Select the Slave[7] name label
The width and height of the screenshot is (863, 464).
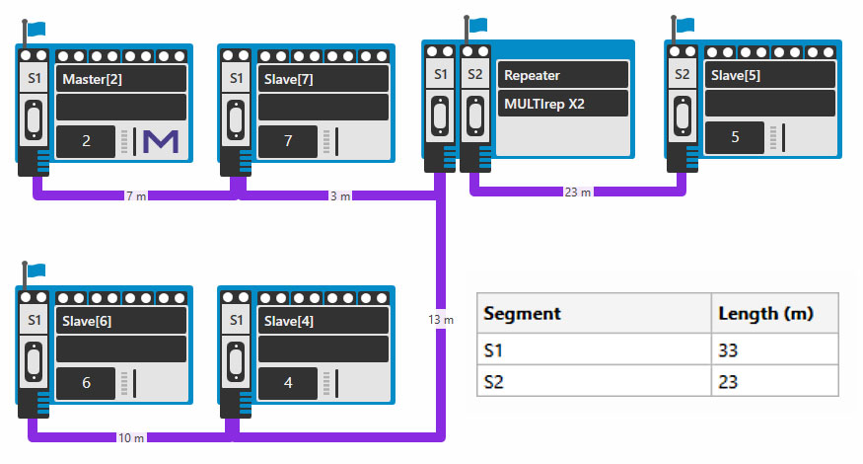click(x=289, y=79)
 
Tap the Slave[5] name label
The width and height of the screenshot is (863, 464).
click(x=735, y=75)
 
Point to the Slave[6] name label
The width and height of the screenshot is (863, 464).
click(x=87, y=321)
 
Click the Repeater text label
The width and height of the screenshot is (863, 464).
click(x=533, y=74)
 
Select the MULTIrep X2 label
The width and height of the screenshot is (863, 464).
click(x=544, y=103)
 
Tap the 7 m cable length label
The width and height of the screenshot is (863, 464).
click(x=137, y=195)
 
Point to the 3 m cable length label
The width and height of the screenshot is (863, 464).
click(x=339, y=195)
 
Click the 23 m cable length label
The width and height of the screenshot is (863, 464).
click(x=578, y=193)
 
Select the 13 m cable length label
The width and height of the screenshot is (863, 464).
click(x=441, y=320)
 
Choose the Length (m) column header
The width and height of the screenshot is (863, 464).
click(x=765, y=313)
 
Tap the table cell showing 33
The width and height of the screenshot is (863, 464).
click(x=730, y=349)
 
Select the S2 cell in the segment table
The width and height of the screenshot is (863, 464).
click(x=494, y=381)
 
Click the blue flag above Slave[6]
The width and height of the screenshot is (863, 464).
click(x=36, y=269)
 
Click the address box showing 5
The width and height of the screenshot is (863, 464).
click(x=735, y=137)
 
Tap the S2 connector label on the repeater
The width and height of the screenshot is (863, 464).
click(x=475, y=74)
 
